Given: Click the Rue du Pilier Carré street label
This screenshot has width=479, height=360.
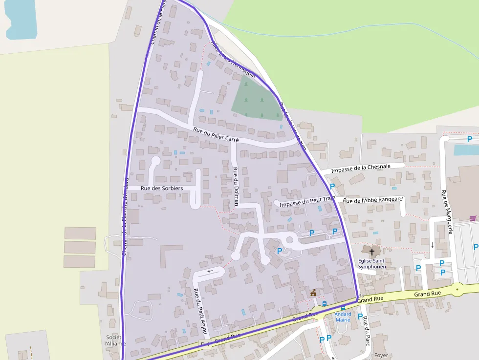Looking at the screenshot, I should point(216,134).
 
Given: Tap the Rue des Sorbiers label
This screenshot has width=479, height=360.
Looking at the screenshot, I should point(162,188).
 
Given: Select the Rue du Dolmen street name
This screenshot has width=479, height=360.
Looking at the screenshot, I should point(236,187).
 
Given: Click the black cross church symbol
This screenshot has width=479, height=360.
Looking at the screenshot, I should point(372,252).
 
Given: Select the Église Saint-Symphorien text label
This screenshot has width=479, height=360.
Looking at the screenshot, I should point(372,264).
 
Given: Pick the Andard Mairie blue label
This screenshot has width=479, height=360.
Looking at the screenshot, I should point(343,317).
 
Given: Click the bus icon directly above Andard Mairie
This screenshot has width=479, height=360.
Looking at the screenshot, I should point(343,308).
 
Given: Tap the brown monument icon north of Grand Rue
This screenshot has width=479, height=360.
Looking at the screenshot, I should point(313,293).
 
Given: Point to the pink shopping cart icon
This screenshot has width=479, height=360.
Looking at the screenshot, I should point(473,218).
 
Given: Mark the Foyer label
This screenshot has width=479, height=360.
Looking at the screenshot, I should point(381,355).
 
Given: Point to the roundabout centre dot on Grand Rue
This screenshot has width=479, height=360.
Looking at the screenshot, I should point(457,290).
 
